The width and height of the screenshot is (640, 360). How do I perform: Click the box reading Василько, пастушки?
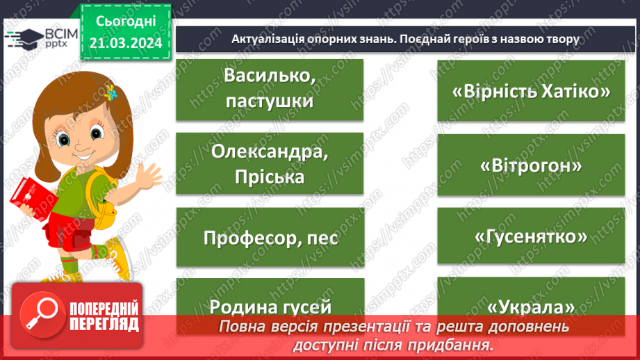pyautogui.click(x=270, y=90)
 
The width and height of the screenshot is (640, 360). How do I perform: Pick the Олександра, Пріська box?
pyautogui.click(x=270, y=164)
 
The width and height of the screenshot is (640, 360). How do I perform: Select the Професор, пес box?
pyautogui.click(x=270, y=238)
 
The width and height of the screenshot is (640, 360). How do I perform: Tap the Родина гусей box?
pyautogui.click(x=270, y=306)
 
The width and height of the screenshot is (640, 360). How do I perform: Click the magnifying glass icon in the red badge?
pyautogui.click(x=38, y=315)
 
